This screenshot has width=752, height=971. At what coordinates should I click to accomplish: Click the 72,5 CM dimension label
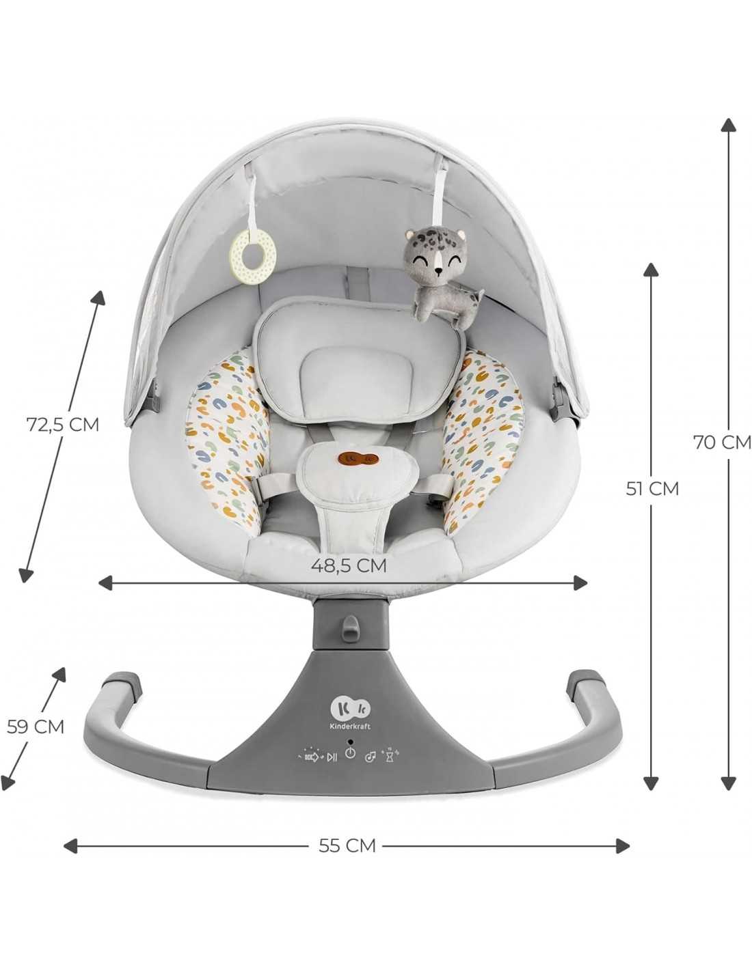point(63,424)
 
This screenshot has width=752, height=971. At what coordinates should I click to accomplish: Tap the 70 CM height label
point(723,442)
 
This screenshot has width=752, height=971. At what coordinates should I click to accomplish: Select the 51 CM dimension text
point(653,488)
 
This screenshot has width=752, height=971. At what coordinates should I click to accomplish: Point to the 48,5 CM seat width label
point(349,565)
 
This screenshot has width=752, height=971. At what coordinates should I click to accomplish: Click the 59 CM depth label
point(36,727)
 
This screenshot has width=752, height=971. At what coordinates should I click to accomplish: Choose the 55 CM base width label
point(347,846)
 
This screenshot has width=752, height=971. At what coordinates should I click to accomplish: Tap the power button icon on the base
point(350,753)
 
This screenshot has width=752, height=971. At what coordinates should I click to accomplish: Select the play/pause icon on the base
point(332,757)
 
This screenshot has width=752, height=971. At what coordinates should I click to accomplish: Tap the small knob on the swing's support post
point(351,625)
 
